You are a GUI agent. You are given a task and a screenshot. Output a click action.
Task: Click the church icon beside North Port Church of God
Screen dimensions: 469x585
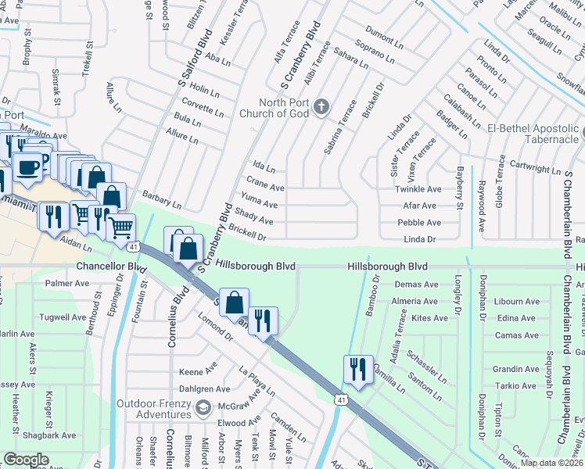(321, 107)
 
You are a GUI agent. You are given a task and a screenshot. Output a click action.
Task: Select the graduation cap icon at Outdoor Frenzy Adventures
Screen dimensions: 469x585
(204, 407)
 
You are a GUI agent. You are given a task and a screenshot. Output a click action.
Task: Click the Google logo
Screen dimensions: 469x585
(26, 459)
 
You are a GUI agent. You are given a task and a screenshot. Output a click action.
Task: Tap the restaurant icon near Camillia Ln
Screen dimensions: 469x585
(358, 370)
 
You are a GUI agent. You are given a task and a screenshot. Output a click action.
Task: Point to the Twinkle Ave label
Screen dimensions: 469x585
(418, 189)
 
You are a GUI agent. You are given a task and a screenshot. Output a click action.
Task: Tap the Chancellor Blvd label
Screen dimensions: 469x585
(112, 267)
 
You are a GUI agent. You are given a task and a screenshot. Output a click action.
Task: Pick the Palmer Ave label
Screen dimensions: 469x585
(67, 283)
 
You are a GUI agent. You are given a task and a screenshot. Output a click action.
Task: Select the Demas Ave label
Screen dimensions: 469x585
(416, 285)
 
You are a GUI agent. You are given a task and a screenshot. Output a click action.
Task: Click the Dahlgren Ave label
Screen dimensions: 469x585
(205, 388)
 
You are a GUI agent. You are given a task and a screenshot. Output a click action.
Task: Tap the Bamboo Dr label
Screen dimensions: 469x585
(372, 296)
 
